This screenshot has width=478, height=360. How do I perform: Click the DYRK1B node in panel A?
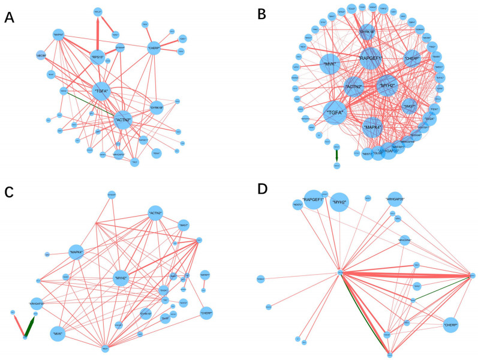(x=157, y=109)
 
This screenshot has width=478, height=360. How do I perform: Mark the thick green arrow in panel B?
(x=336, y=154)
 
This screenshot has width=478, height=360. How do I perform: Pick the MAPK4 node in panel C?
(x=76, y=253)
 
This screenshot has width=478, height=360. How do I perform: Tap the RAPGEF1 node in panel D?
(x=314, y=199)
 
